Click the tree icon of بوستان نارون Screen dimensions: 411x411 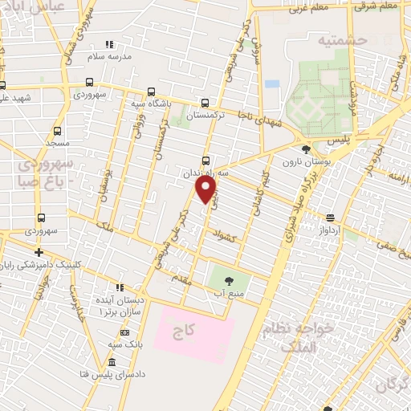(306, 149)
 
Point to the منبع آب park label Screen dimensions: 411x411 (229, 294)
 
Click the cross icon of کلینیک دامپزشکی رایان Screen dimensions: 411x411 (39, 252)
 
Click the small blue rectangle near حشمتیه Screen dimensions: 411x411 (272, 83)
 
